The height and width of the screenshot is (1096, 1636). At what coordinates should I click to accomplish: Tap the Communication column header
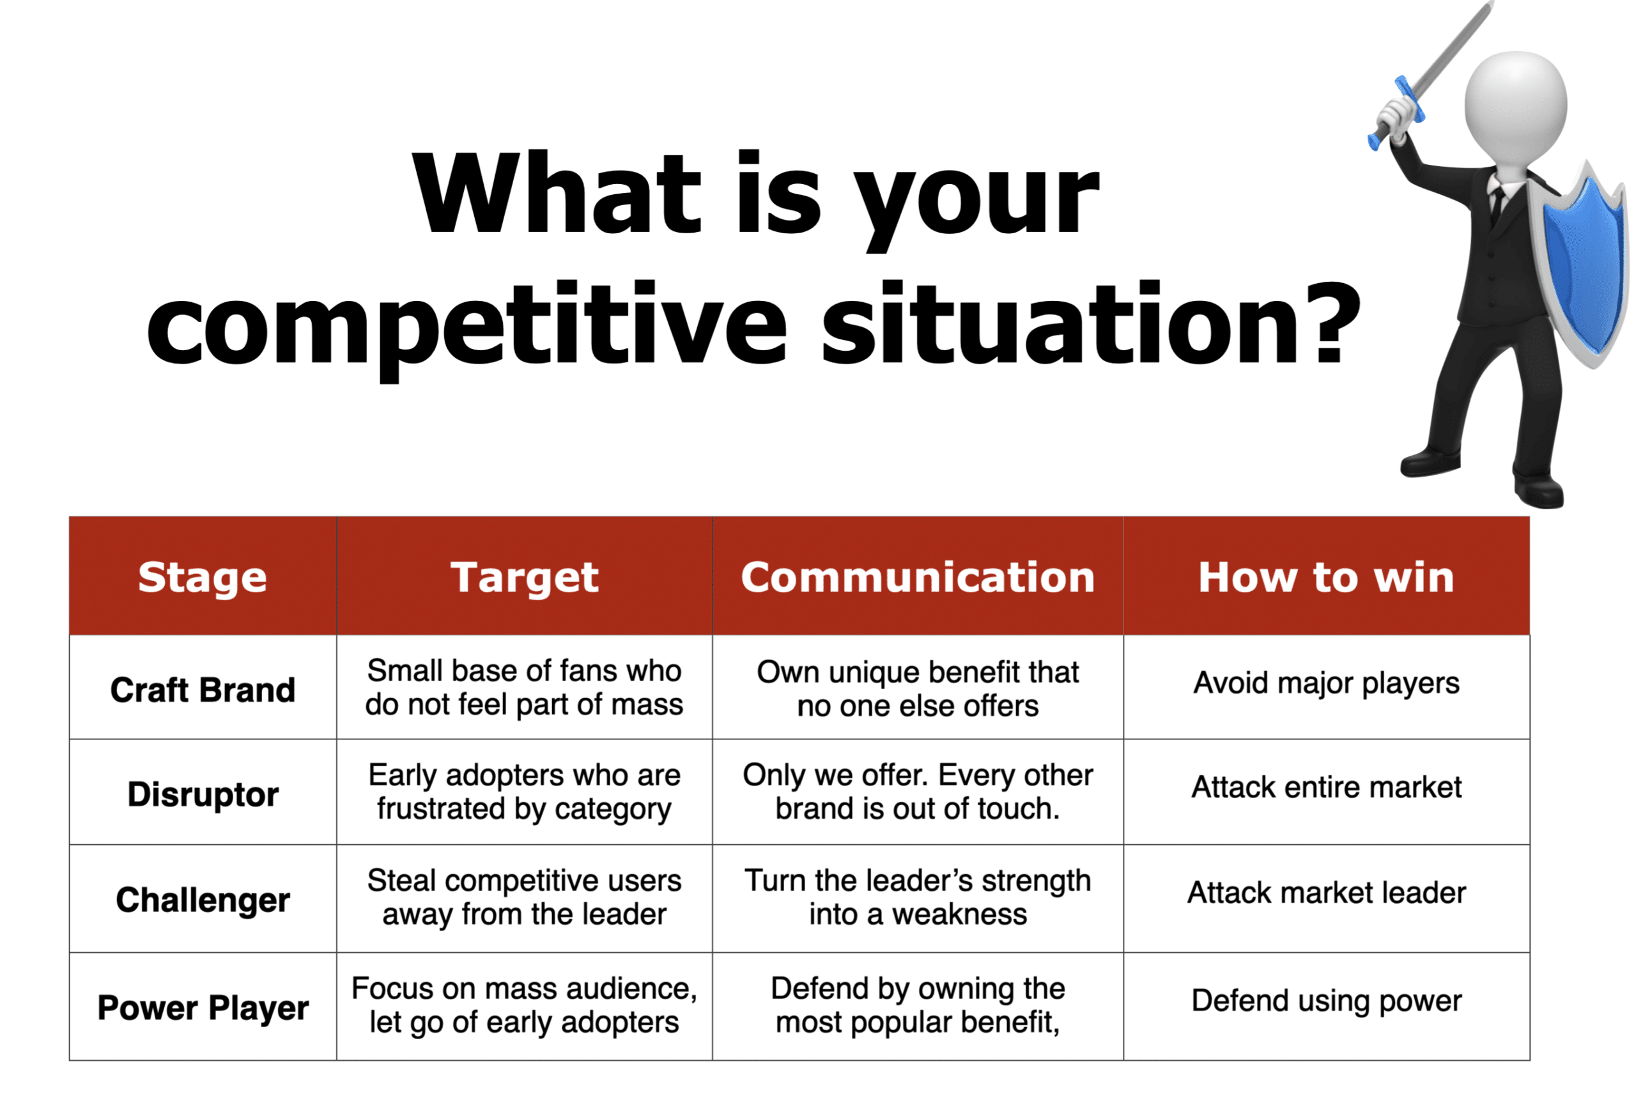[918, 577]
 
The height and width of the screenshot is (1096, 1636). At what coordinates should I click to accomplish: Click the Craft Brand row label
[203, 690]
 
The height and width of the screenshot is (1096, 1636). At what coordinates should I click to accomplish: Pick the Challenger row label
[203, 900]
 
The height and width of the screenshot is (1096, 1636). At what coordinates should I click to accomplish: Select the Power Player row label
[203, 1008]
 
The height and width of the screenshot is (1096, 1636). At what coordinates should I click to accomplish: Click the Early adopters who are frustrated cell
[524, 792]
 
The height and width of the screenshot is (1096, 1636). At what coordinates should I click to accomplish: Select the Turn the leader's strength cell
[918, 897]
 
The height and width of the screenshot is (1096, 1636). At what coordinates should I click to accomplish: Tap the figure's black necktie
[1496, 205]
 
